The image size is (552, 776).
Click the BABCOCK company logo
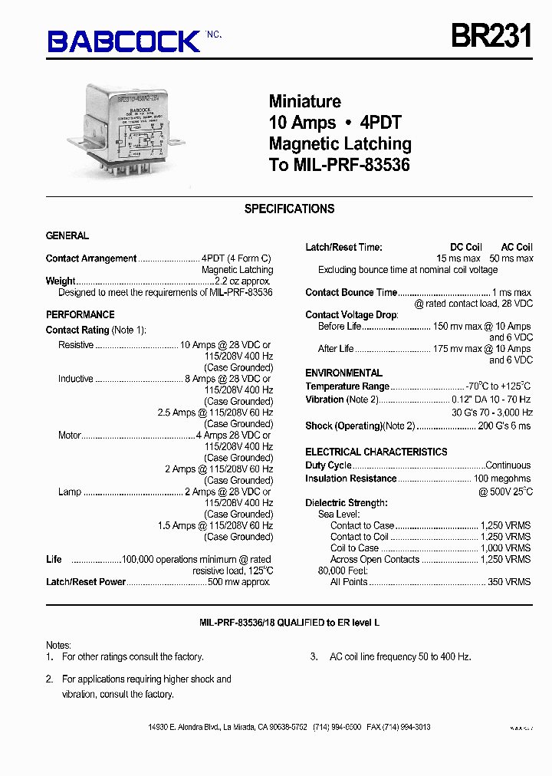[x=124, y=41]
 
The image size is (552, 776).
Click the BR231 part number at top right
[x=491, y=35]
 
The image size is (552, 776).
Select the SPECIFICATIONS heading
[x=289, y=209]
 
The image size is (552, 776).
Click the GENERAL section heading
[x=67, y=235]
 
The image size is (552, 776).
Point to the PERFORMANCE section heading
[x=80, y=314]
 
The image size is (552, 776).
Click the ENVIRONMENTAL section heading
[x=343, y=373]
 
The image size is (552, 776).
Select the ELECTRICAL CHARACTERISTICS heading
[x=376, y=452]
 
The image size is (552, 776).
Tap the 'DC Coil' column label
[x=465, y=247]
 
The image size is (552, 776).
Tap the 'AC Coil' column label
[x=517, y=247]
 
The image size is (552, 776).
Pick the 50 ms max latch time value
[x=511, y=258]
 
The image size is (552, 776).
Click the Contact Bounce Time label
[x=351, y=292]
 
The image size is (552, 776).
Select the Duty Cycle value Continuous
[x=508, y=465]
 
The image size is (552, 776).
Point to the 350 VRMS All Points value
[x=509, y=582]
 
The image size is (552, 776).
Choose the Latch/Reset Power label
[x=86, y=582]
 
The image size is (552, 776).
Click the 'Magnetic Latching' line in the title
[x=340, y=143]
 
